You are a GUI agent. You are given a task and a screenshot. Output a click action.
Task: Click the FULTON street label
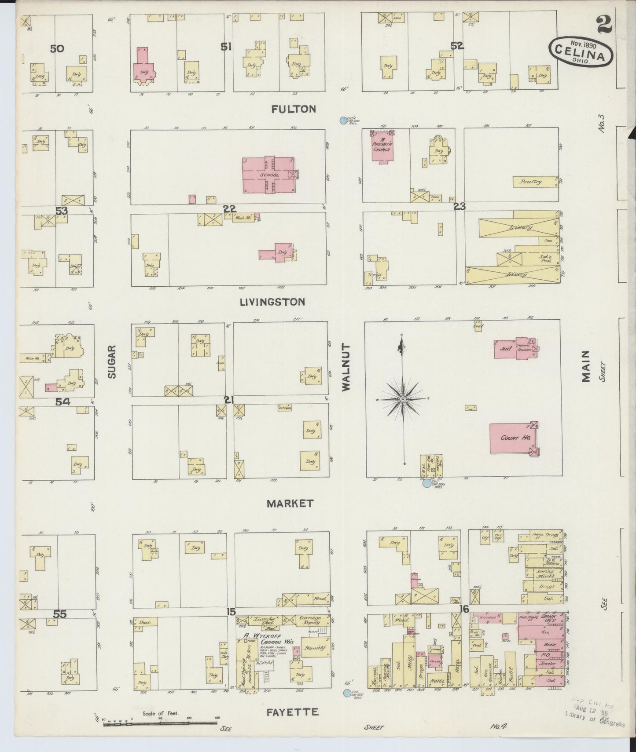(x=294, y=109)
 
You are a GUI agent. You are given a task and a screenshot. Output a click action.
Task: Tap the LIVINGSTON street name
(x=272, y=302)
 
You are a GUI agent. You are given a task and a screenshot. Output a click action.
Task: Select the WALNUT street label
(x=346, y=367)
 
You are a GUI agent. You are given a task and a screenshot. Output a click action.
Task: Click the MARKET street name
(x=290, y=504)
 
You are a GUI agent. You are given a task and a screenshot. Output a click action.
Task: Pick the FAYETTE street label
(x=292, y=712)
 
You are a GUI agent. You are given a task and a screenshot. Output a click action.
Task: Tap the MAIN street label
(x=586, y=366)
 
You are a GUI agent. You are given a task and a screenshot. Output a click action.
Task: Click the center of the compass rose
(x=402, y=399)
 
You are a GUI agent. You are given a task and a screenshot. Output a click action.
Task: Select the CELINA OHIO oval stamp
(x=581, y=51)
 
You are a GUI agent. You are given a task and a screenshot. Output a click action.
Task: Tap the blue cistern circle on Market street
(x=426, y=483)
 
